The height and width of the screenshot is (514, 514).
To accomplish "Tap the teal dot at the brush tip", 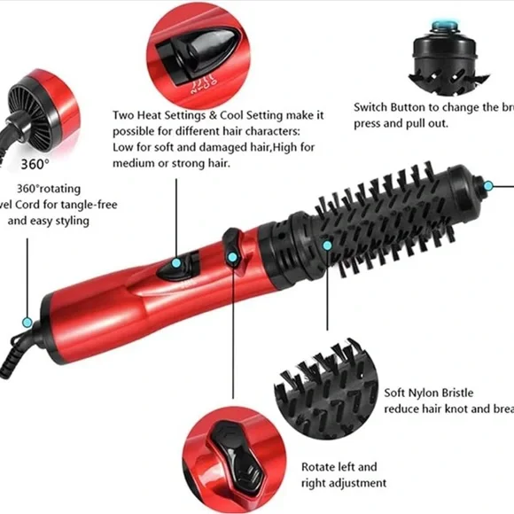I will [x=488, y=186].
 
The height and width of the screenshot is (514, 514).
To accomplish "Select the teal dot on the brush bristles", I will [x=327, y=245].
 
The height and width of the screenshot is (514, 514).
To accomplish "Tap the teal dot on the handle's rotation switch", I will [x=233, y=258].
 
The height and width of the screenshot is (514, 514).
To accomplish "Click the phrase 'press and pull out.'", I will [x=401, y=124].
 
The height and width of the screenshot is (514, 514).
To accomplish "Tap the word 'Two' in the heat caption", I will [x=124, y=115].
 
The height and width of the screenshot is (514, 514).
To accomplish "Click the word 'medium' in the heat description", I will [x=133, y=164].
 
